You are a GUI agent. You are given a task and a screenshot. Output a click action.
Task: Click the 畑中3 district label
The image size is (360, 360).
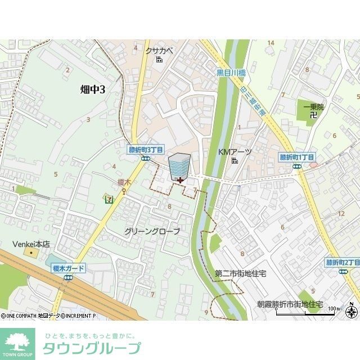(93, 88)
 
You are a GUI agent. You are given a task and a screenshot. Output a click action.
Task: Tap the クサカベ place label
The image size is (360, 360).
(159, 51)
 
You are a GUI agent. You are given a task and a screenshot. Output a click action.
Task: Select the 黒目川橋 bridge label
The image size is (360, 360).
(231, 73)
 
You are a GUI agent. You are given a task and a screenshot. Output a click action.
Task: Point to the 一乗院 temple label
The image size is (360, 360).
(313, 107)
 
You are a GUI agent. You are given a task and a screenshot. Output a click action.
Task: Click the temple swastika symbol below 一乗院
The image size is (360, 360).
(313, 115)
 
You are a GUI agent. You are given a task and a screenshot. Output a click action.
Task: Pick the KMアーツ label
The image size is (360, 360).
(235, 152)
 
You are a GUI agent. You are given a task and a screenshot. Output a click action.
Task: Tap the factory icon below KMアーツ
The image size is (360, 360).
(234, 161)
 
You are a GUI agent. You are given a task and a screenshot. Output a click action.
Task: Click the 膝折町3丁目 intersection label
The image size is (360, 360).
(146, 150)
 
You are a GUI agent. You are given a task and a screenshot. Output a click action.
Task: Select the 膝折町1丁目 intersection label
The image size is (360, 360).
(297, 157)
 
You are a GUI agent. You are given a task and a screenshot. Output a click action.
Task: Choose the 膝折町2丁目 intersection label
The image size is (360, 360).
(343, 263)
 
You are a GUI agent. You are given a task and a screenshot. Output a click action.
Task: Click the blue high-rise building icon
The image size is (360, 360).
(179, 166)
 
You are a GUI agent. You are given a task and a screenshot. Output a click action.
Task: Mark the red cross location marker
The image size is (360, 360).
(179, 180)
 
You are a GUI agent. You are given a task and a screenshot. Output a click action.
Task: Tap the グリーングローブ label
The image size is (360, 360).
(152, 231)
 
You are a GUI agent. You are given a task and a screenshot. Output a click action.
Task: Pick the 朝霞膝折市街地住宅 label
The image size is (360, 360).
(290, 304)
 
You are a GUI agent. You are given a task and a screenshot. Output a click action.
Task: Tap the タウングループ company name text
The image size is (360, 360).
(92, 348)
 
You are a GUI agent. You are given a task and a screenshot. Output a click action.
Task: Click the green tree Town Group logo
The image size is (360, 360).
(17, 344)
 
